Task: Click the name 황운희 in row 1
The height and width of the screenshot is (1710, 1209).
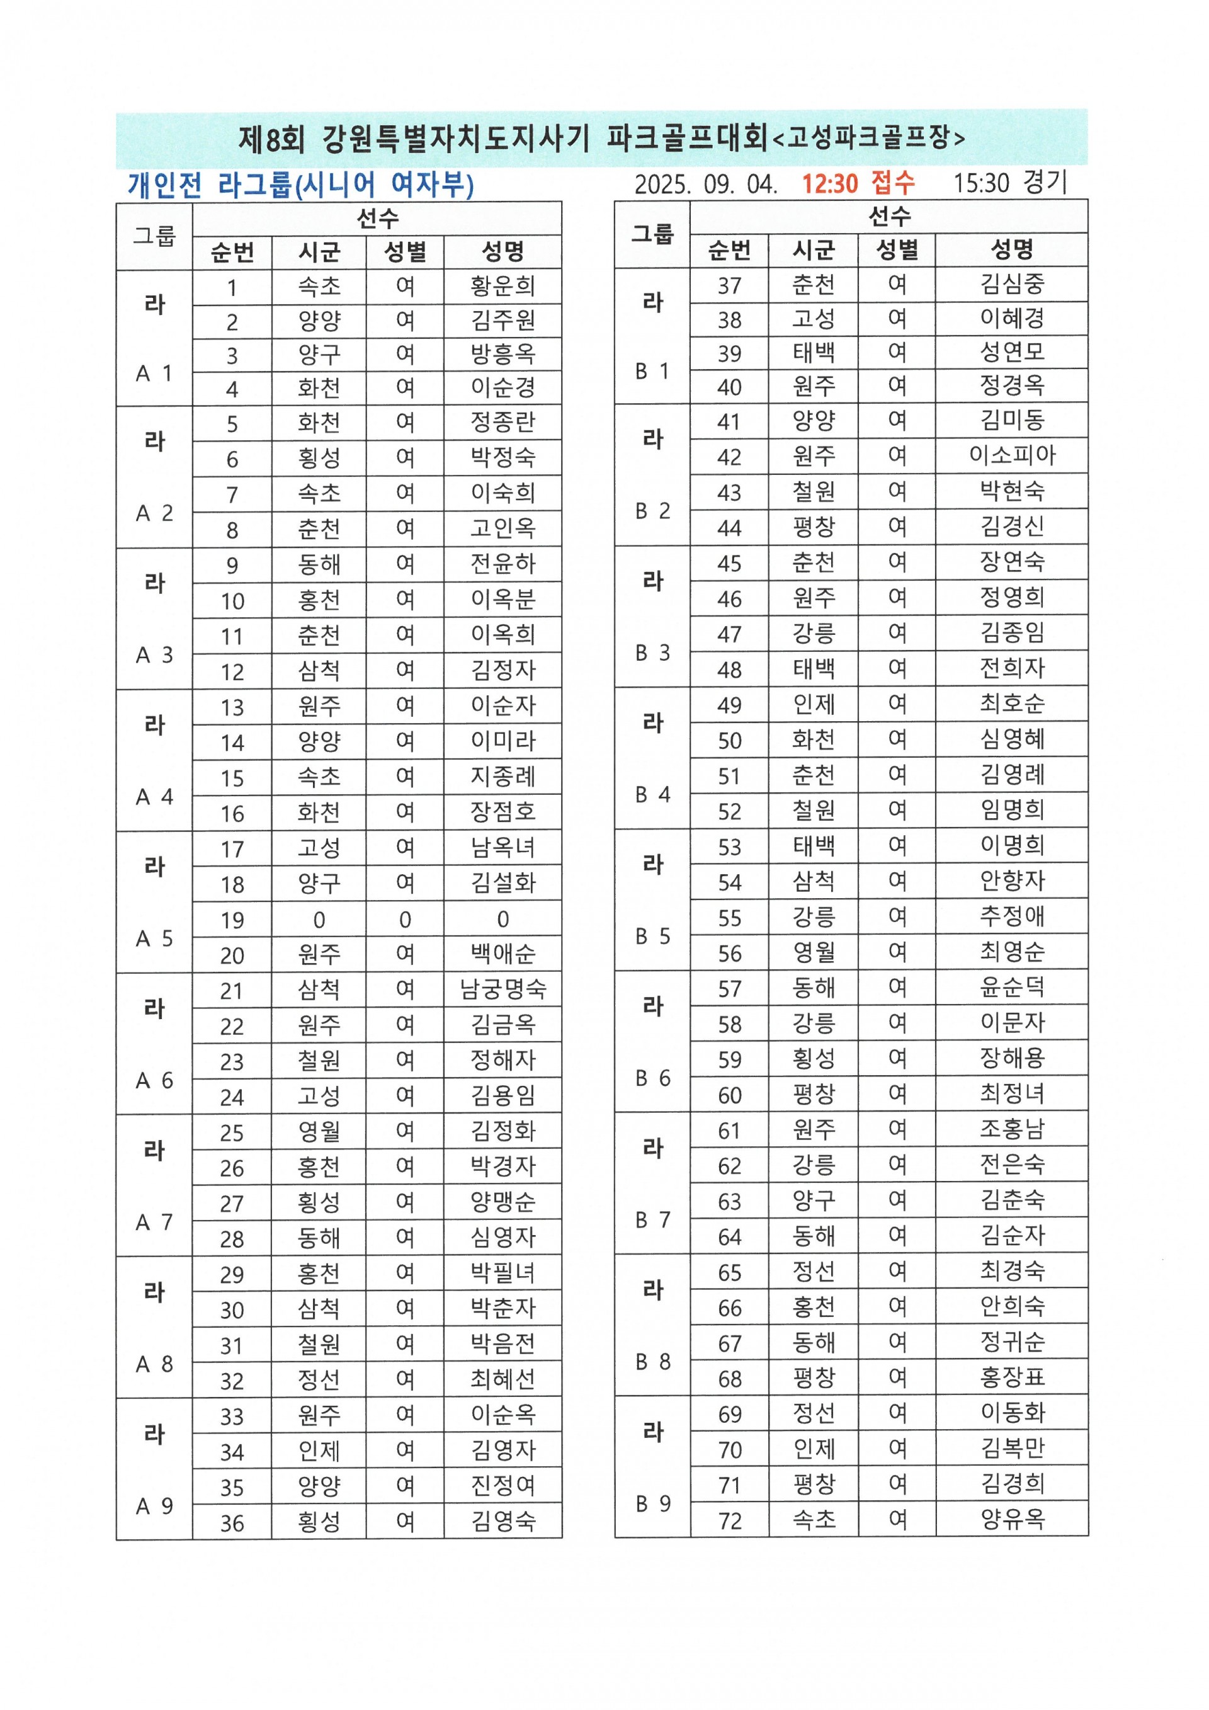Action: [502, 286]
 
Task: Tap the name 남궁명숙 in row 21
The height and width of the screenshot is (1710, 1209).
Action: [502, 989]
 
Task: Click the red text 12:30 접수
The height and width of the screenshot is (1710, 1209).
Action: [858, 183]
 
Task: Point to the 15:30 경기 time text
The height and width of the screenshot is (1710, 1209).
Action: [1010, 183]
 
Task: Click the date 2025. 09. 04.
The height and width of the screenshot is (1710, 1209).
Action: [705, 184]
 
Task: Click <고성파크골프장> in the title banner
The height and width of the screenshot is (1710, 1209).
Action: [869, 138]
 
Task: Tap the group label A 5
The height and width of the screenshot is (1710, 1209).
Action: [154, 938]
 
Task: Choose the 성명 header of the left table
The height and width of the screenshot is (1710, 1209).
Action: [502, 252]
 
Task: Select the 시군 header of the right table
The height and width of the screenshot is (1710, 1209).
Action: [813, 250]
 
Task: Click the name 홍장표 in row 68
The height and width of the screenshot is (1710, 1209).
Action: [1012, 1377]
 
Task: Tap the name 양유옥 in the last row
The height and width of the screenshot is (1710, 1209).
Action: [1012, 1519]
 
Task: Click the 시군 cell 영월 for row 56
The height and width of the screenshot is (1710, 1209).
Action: [813, 952]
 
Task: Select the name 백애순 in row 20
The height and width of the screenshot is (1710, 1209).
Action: [502, 954]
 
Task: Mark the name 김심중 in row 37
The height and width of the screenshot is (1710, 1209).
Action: [1012, 284]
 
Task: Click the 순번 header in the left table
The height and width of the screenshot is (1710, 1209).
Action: [232, 253]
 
